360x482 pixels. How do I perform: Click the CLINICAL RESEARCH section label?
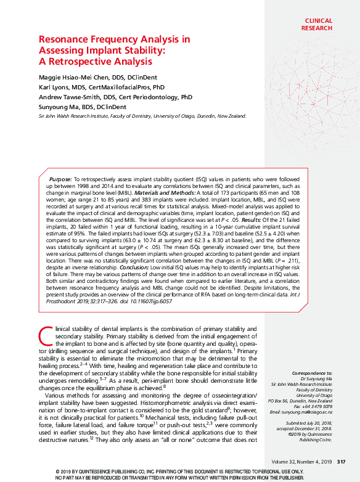click(318, 24)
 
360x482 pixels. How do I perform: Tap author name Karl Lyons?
click(54, 87)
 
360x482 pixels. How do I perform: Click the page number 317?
click(341, 462)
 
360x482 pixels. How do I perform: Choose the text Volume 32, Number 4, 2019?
click(301, 462)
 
